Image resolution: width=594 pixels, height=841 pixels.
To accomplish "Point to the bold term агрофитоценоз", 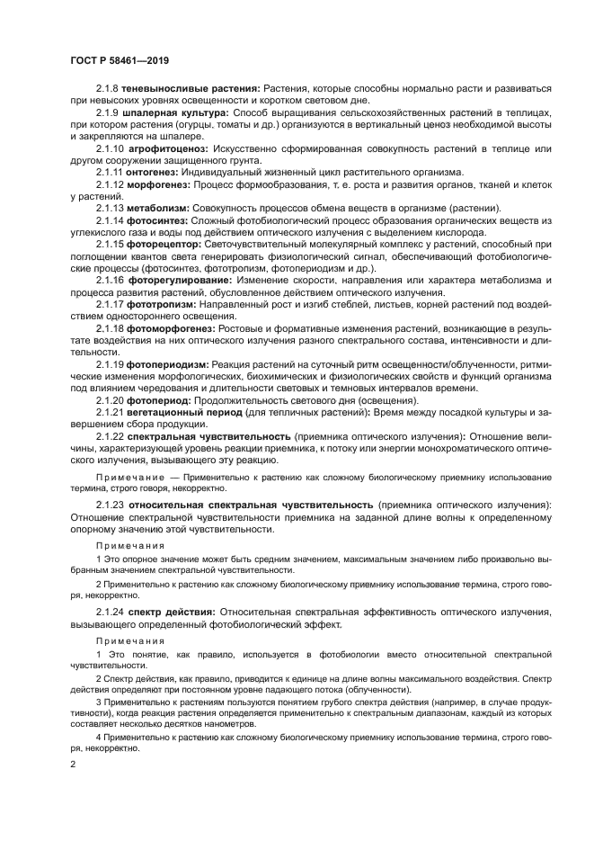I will (x=171, y=148).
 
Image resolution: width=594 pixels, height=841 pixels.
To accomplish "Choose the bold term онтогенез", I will (x=151, y=172).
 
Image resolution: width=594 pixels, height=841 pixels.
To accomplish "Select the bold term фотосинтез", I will (x=155, y=220).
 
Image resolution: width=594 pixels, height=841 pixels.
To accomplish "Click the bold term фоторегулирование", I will (x=180, y=280).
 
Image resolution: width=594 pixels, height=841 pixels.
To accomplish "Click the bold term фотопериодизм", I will (x=167, y=363).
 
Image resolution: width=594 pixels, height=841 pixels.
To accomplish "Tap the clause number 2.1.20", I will (x=110, y=399).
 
